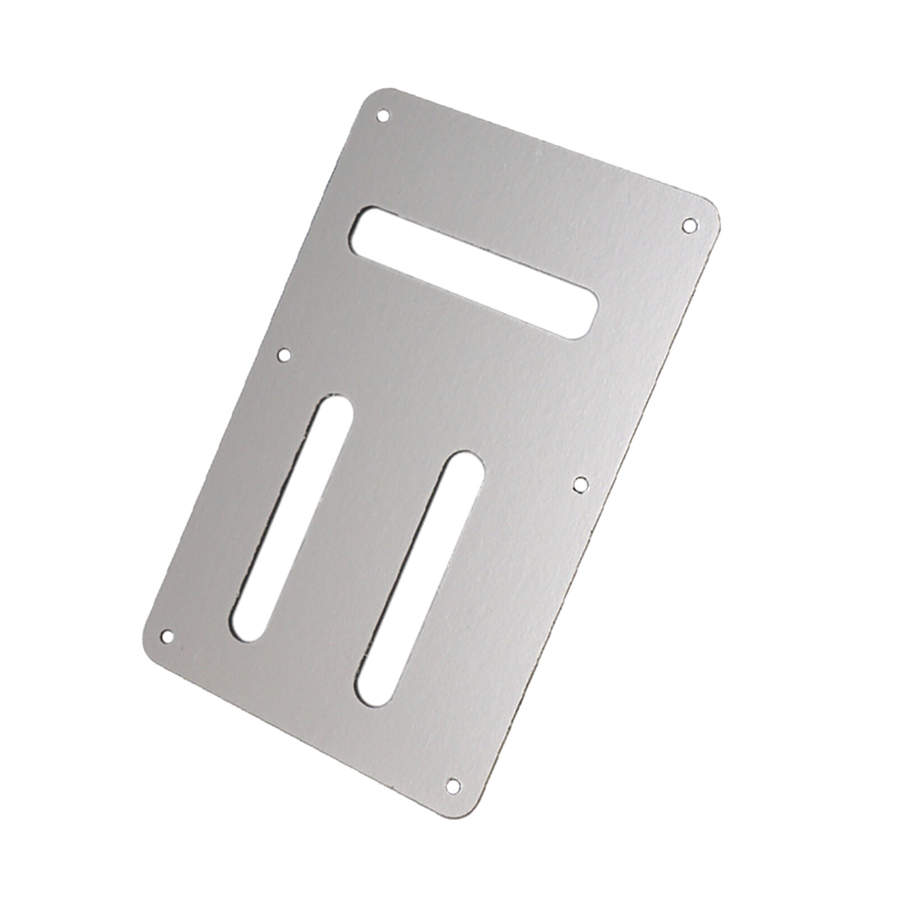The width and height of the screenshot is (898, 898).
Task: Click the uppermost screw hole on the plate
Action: tap(383, 116)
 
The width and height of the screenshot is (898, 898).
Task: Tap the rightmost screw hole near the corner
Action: tap(689, 225)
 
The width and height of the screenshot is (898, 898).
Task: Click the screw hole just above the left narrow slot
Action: tap(285, 354)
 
